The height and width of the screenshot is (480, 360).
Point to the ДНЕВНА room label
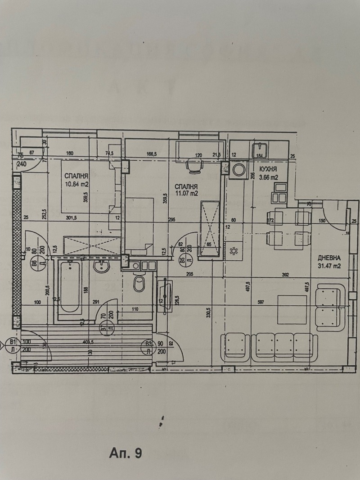point(328,258)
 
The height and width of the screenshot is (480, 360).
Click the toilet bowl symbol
point(139,283)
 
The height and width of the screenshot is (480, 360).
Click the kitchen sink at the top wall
point(261,149)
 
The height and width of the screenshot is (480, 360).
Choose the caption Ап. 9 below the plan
point(125,453)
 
